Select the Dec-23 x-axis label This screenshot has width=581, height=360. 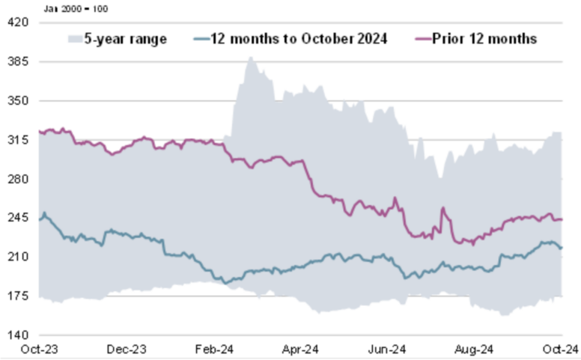click(127, 349)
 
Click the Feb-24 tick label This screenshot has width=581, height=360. click(215, 349)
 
